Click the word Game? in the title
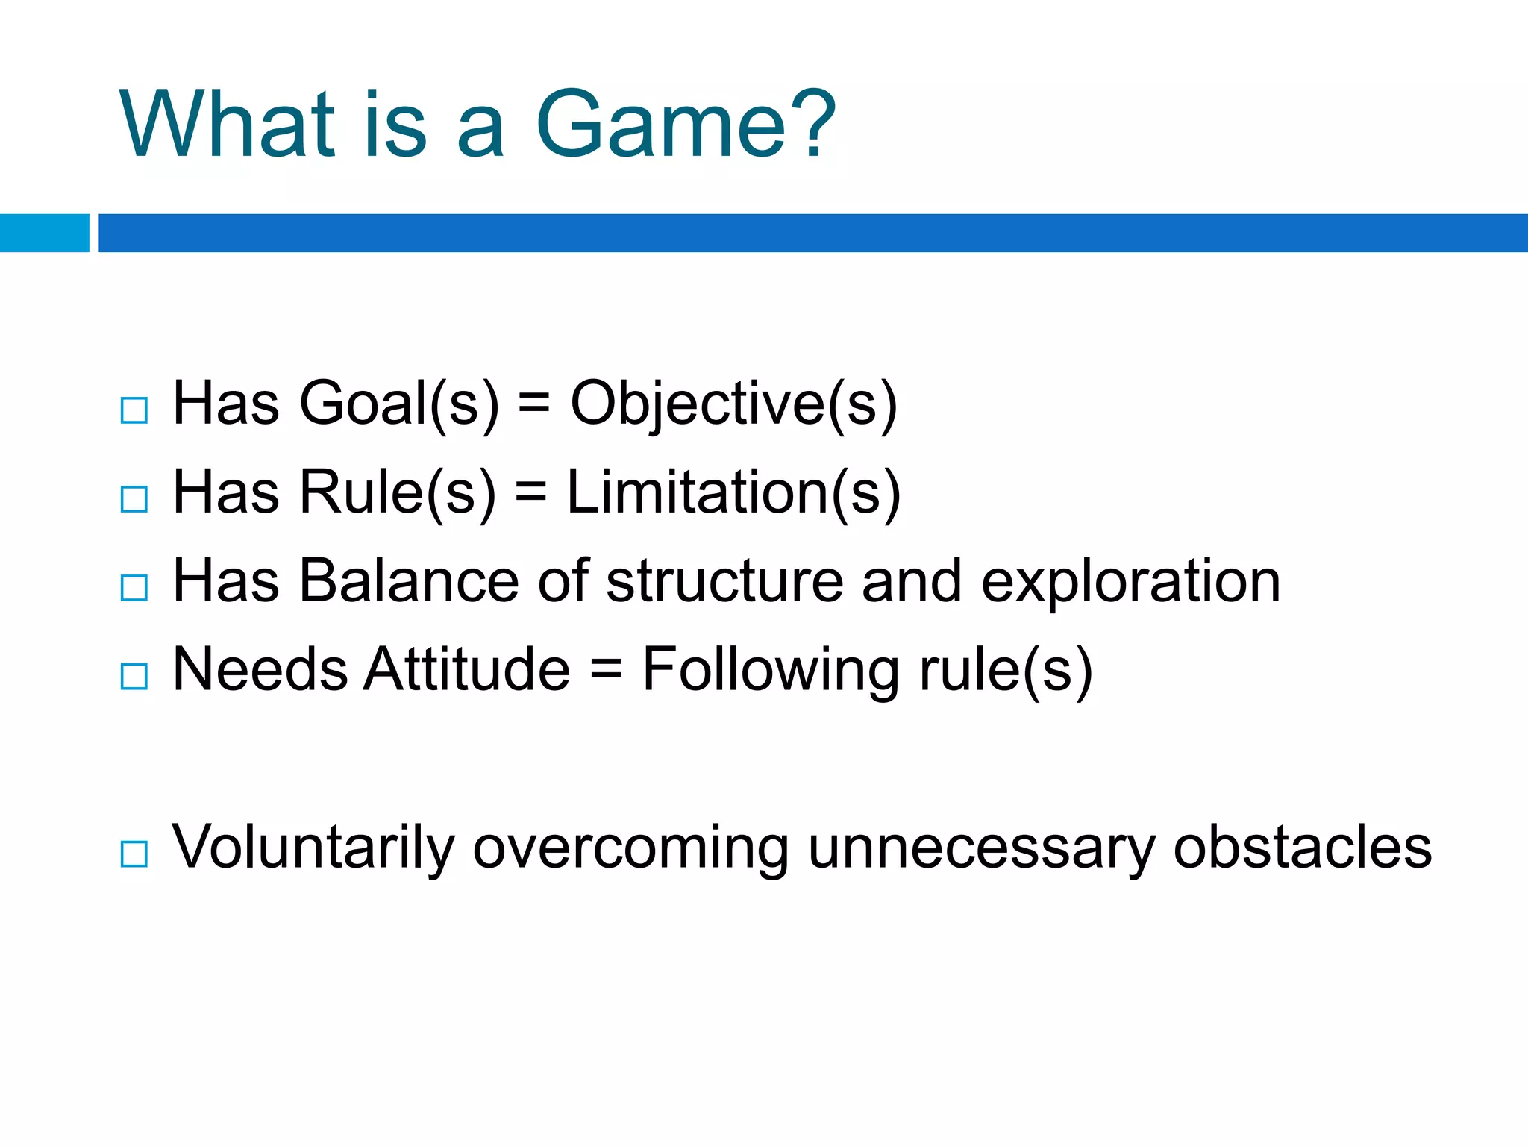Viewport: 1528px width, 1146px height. [685, 125]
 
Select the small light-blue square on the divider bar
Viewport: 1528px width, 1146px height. [44, 233]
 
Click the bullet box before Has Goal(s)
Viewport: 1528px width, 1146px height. [134, 410]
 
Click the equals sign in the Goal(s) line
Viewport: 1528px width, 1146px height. [533, 404]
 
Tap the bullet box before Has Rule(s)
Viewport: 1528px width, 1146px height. [134, 499]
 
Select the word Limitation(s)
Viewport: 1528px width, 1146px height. [733, 493]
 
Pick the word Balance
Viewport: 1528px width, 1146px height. [409, 581]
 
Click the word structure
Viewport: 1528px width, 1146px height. [724, 581]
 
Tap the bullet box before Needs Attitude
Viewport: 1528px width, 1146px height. [134, 677]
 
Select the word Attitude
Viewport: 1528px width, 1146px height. [468, 669]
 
